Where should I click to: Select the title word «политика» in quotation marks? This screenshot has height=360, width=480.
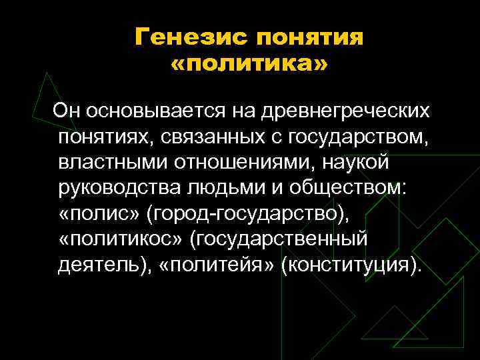click(249, 66)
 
